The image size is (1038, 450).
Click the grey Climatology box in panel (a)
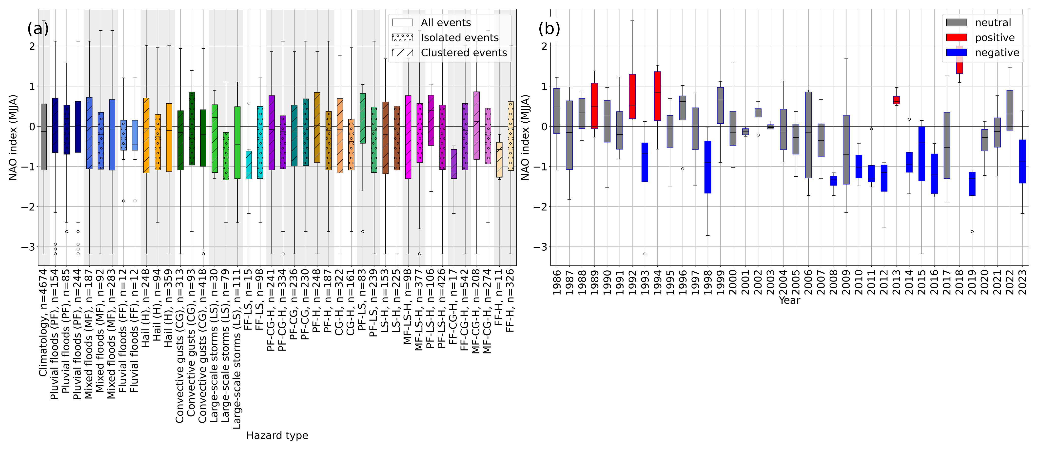tap(43, 137)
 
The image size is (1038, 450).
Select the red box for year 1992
tap(632, 96)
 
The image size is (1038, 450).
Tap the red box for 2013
tap(897, 100)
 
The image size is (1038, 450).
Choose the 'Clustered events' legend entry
tap(449, 53)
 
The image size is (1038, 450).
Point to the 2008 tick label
tap(834, 282)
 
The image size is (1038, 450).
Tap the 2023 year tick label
tap(1023, 282)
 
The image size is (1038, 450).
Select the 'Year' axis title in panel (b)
tap(789, 300)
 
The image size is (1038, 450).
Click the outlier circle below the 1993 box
tap(645, 254)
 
